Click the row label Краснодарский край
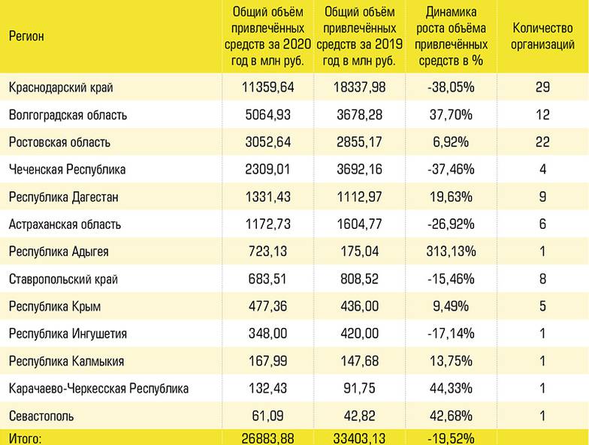tap(61, 88)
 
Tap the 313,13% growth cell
tap(449, 251)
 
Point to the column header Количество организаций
tap(542, 36)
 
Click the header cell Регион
tap(26, 36)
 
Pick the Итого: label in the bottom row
tap(26, 437)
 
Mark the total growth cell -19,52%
tap(449, 437)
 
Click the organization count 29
tap(542, 88)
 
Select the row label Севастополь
tap(41, 415)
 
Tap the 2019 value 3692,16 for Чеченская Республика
tap(358, 170)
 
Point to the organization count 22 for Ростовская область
tap(542, 143)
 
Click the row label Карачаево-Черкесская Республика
tap(98, 388)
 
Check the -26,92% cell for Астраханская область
tap(449, 224)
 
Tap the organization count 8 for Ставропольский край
tap(542, 278)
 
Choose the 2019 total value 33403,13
tap(358, 437)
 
